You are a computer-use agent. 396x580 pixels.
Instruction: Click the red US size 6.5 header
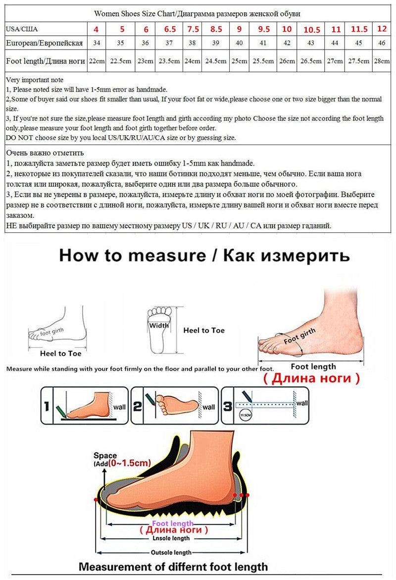coord(169,29)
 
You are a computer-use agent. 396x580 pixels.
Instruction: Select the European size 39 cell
coord(216,44)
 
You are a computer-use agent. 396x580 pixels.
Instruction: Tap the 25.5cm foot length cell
coord(263,61)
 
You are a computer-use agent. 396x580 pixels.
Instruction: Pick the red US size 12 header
coord(382,29)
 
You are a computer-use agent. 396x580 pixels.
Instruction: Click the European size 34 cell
coord(97,44)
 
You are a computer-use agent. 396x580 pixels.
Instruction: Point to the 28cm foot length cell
coord(382,61)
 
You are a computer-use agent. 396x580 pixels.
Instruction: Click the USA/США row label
coord(22,29)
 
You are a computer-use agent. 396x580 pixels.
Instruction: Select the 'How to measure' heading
coord(204,256)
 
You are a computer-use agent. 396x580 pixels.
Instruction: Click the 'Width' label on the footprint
coord(159,325)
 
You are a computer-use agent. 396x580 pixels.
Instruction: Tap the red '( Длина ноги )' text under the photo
coord(318,378)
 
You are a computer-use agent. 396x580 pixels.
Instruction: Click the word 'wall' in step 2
coord(209,407)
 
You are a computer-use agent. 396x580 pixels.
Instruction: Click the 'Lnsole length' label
coord(171,538)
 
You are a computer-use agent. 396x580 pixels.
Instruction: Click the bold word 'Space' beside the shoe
coord(105,456)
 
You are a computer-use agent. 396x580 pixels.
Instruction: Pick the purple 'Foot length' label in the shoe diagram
coord(172,523)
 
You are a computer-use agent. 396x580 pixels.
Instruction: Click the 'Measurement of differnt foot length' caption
coord(173,567)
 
